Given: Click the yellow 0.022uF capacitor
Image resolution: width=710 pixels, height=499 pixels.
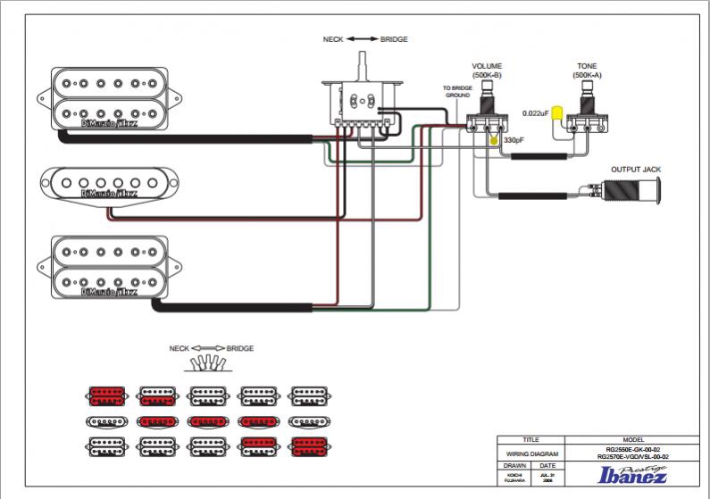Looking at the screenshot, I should coord(557,115).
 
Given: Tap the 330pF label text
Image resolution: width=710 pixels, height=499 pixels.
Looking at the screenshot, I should coord(513,141).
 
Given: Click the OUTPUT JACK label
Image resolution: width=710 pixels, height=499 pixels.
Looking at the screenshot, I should coord(636,169).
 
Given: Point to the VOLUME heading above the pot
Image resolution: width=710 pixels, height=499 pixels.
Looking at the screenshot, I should coord(487,67).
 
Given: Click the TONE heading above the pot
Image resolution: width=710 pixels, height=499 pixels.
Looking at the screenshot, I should coord(587,67).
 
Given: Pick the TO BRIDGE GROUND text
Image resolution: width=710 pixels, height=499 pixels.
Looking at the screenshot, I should coord(456,91).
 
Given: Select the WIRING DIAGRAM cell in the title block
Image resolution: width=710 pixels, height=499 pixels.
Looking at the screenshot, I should coord(530,453).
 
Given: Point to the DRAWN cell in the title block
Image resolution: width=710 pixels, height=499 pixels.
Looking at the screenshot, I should coord(514,465).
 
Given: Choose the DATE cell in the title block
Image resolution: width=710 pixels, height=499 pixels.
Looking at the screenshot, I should coord(547,465).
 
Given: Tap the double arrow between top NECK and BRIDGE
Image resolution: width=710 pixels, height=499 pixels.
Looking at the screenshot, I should coord(363,40).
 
